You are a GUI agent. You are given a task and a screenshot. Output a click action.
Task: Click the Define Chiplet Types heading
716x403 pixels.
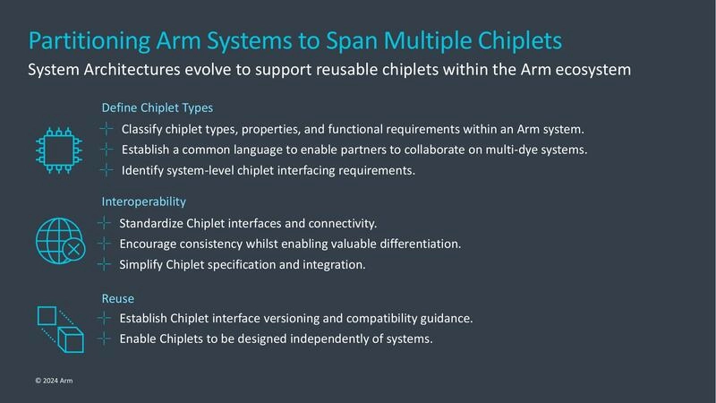pos(158,107)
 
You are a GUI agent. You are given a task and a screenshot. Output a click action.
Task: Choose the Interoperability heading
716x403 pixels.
pos(143,201)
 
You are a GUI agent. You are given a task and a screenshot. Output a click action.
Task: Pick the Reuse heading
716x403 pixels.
pos(118,296)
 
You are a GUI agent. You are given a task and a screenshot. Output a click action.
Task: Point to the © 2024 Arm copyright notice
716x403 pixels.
pos(55,381)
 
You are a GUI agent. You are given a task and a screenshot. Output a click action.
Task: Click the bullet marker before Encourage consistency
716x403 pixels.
pos(105,244)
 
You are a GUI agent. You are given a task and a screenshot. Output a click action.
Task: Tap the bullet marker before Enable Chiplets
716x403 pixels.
pos(105,339)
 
